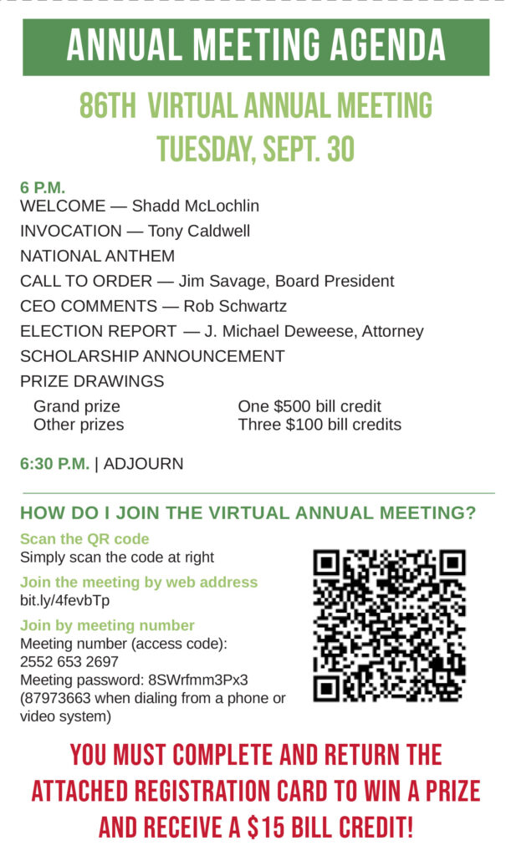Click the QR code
389,624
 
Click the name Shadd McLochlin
196,206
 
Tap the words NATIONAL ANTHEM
98,256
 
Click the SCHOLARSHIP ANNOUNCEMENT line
152,356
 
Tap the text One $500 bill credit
309,407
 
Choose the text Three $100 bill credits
319,425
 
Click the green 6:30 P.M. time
54,463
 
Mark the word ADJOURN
143,463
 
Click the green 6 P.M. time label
43,187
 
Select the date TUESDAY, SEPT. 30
256,149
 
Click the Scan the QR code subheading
84,539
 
